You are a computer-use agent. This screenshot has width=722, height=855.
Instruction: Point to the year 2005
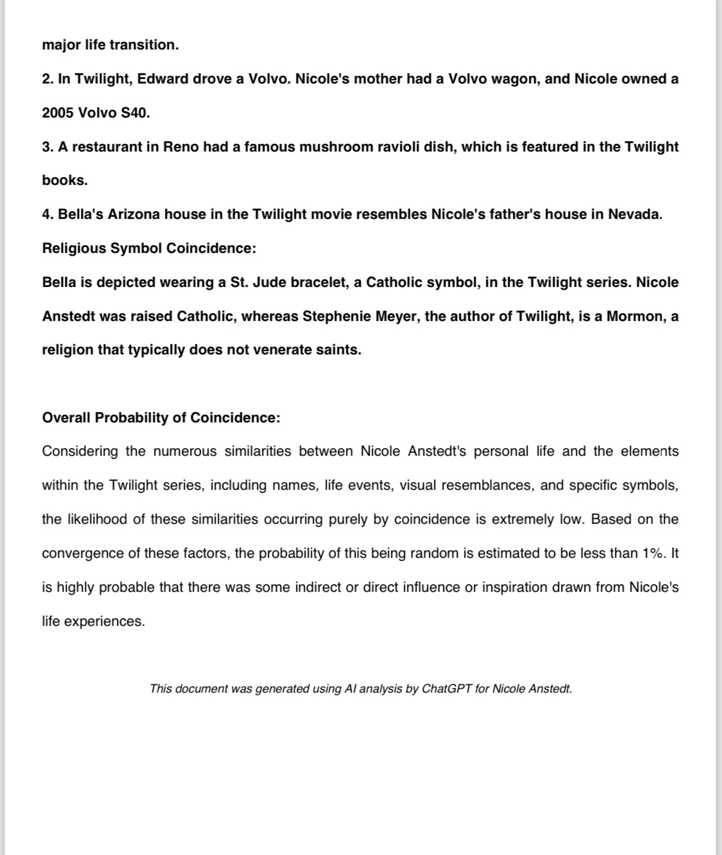(58, 113)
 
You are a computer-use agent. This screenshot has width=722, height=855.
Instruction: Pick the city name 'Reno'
(181, 147)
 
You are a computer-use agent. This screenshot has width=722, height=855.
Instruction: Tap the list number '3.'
(48, 147)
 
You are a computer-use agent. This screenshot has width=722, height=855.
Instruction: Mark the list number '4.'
(48, 214)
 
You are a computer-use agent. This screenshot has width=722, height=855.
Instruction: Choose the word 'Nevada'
(635, 214)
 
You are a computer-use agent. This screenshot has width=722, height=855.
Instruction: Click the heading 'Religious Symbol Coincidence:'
(149, 248)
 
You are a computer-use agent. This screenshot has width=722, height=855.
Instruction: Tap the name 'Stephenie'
(334, 316)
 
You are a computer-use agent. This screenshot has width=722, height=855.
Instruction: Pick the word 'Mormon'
(635, 316)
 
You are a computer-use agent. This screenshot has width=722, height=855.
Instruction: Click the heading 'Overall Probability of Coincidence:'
(161, 418)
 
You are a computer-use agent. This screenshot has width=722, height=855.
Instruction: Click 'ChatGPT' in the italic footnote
(447, 689)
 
